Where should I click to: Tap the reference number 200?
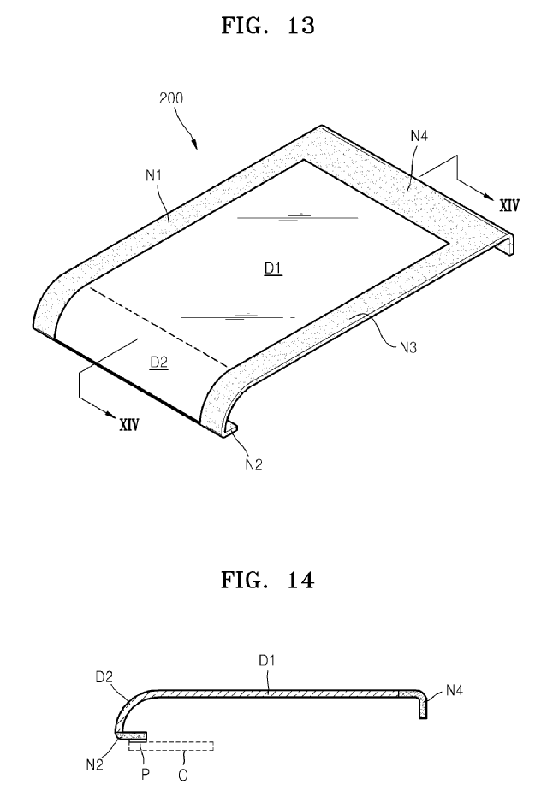tap(171, 97)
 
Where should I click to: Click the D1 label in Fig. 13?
tap(273, 269)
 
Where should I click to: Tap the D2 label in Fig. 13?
tap(158, 363)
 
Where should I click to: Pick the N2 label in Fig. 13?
tap(253, 464)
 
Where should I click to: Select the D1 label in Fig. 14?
tap(268, 661)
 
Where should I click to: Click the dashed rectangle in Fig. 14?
tap(171, 746)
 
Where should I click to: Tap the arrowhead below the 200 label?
tap(196, 144)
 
